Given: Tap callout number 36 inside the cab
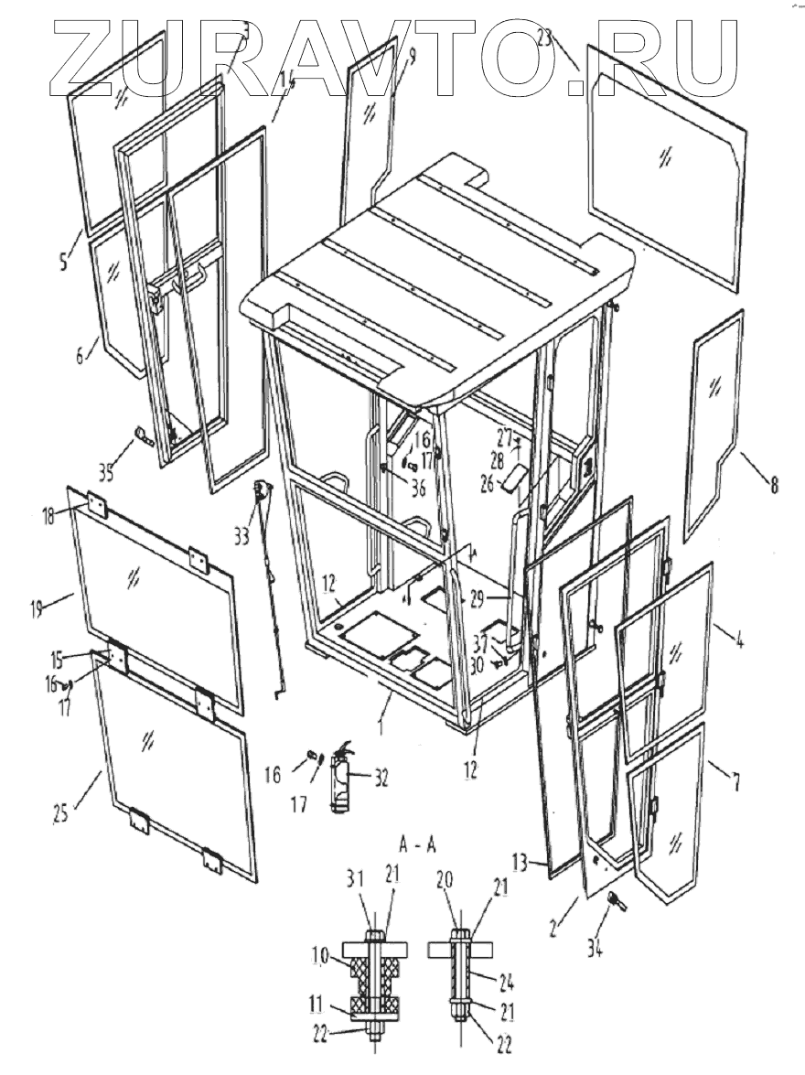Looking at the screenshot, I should pos(418,489).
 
